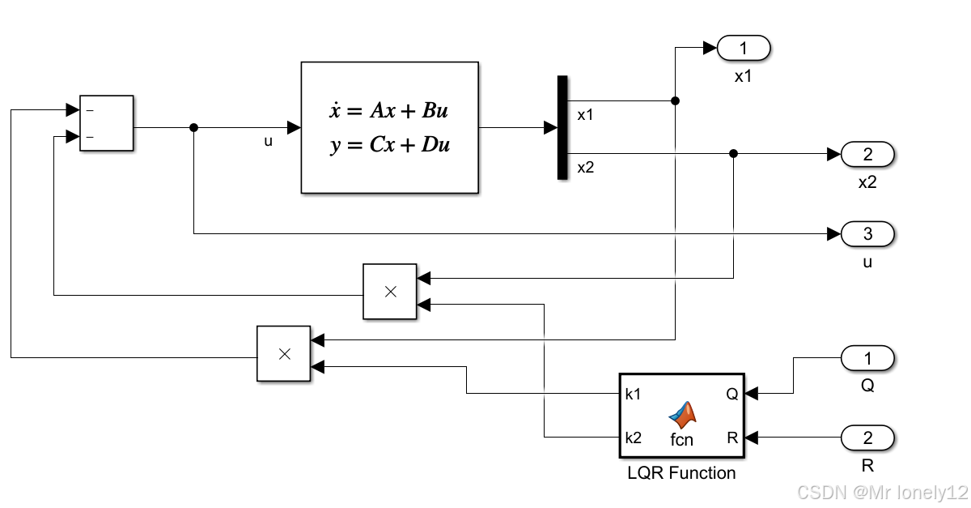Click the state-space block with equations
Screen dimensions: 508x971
[x=389, y=127]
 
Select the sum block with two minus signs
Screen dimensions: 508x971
[x=106, y=122]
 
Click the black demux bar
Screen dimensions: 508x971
[x=562, y=127]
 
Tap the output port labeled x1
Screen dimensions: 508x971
[x=744, y=49]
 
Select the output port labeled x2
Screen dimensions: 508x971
[x=867, y=153]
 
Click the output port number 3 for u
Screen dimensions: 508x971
[x=867, y=234]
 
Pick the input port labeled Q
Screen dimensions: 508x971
[x=867, y=357]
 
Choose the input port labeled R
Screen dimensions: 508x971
[x=867, y=438]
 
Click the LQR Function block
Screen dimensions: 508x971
[x=681, y=416]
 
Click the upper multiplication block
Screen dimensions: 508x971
[x=389, y=292]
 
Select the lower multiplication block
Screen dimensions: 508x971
[x=283, y=353]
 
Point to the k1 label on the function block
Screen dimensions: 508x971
[x=633, y=394]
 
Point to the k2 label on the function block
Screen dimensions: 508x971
[x=633, y=438]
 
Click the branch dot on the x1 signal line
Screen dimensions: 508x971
[x=676, y=100]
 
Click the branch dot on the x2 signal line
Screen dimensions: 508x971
[x=733, y=153]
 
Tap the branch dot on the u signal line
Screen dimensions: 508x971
[x=193, y=127]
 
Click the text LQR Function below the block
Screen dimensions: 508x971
[x=681, y=472]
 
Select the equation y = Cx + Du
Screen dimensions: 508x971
[x=389, y=146]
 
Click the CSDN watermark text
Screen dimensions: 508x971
[x=882, y=493]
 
